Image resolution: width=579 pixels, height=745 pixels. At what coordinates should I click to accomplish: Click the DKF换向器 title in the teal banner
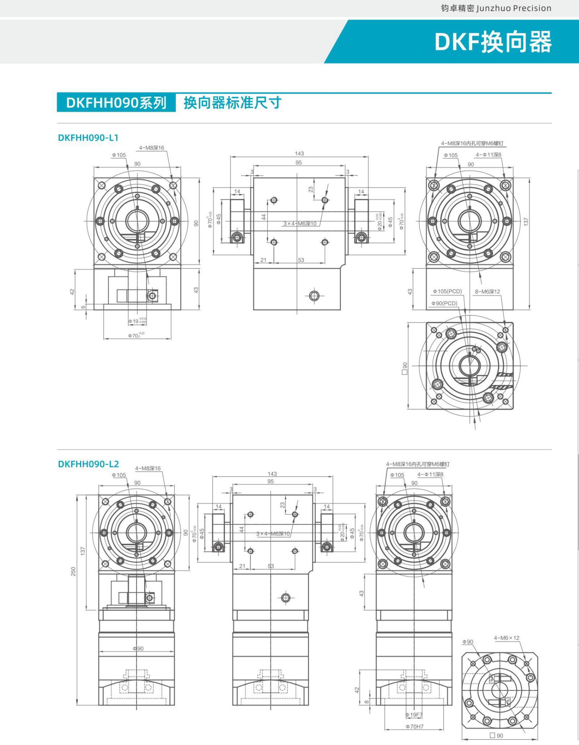pyautogui.click(x=493, y=42)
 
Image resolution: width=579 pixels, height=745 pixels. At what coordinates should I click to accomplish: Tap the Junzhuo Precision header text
pyautogui.click(x=496, y=8)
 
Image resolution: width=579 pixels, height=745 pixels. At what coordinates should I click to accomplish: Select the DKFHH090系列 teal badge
pyautogui.click(x=116, y=103)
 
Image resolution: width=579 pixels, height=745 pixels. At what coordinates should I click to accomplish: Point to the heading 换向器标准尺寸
pyautogui.click(x=232, y=103)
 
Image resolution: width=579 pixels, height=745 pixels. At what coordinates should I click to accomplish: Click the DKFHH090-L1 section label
pyautogui.click(x=88, y=138)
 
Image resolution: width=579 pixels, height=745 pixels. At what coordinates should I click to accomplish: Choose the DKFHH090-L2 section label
pyautogui.click(x=88, y=464)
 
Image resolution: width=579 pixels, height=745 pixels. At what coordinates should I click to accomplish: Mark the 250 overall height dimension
pyautogui.click(x=73, y=571)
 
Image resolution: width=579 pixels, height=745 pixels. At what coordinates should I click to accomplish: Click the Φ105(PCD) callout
pyautogui.click(x=447, y=291)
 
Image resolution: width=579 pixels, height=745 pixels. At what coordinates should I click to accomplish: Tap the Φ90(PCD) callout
pyautogui.click(x=444, y=303)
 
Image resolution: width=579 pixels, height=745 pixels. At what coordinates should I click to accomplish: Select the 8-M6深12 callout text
pyautogui.click(x=487, y=291)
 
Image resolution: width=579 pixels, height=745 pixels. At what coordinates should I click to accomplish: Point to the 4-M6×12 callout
pyautogui.click(x=506, y=638)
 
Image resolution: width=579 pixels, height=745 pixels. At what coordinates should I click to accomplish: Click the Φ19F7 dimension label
pyautogui.click(x=414, y=715)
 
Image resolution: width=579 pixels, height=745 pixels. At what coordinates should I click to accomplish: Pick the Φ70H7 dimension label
pyautogui.click(x=414, y=726)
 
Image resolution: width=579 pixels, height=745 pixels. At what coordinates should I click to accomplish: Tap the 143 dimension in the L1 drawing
pyautogui.click(x=299, y=154)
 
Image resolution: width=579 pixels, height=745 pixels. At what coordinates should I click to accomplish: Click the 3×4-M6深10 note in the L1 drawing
pyautogui.click(x=300, y=224)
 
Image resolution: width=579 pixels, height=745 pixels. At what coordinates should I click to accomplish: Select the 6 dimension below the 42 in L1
pyautogui.click(x=83, y=307)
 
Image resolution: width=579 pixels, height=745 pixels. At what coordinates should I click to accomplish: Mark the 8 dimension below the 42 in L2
pyautogui.click(x=366, y=702)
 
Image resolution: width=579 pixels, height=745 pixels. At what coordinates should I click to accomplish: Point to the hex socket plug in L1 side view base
pyautogui.click(x=314, y=296)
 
